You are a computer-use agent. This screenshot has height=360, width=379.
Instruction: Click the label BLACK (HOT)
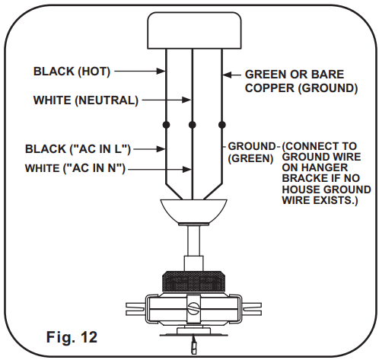[x=72, y=72]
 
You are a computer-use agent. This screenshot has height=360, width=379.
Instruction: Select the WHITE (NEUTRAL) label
[x=85, y=100]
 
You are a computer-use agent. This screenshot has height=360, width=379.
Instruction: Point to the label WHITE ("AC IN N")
[x=75, y=168]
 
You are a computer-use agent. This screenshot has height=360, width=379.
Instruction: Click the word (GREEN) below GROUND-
[x=250, y=160]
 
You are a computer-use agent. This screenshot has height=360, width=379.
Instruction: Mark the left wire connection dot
[x=166, y=124]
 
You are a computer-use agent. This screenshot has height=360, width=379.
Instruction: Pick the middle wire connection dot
[x=193, y=124]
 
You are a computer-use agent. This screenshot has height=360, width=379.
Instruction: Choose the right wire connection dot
[x=221, y=124]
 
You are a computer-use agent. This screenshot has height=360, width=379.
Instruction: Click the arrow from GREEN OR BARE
[x=232, y=75]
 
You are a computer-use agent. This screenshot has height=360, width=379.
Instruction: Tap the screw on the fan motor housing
[x=195, y=309]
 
